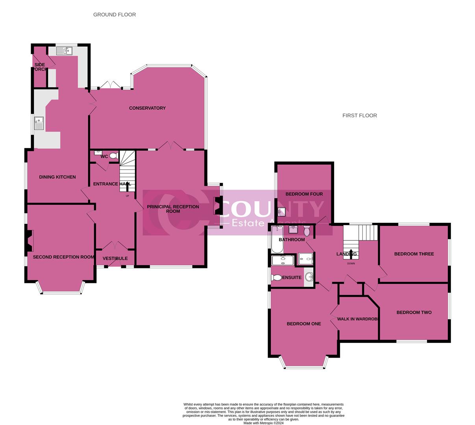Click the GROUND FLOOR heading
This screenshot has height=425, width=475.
tap(115, 15)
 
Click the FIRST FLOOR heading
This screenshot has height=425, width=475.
tap(359, 115)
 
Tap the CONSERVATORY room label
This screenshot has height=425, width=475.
tap(147, 108)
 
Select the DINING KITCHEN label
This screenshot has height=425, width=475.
tap(57, 177)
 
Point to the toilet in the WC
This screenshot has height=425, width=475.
tap(113, 156)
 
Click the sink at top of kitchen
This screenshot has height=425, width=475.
tap(64, 51)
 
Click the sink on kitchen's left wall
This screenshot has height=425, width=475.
tap(39, 123)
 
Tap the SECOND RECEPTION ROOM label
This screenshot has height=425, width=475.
tap(63, 257)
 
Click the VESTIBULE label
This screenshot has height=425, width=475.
tap(115, 259)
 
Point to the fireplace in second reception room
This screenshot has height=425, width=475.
tap(30, 240)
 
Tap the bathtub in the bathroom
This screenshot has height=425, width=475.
tap(276, 239)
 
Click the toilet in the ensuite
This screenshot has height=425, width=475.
tap(277, 278)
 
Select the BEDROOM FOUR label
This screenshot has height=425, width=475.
tap(304, 194)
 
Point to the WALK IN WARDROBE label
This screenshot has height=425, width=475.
tap(358, 319)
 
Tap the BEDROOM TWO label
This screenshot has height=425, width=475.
tap(414, 312)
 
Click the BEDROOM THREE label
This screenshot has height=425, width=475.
tap(414, 254)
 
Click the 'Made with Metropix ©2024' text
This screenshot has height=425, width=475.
tap(263, 423)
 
